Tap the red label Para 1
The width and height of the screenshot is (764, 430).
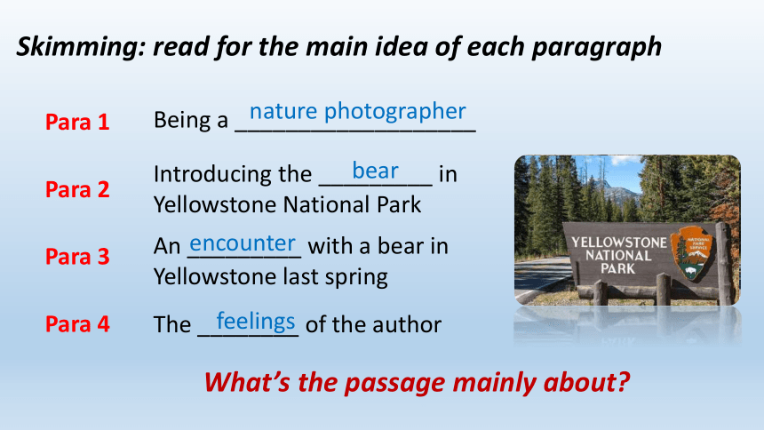[77, 122]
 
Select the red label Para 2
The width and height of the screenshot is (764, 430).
[77, 189]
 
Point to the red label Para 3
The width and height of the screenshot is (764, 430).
[77, 257]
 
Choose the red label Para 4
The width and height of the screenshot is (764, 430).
[77, 323]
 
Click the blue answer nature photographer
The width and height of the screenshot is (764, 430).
[358, 112]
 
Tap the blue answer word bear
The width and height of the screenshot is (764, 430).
[375, 171]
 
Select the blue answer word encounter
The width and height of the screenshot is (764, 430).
[243, 243]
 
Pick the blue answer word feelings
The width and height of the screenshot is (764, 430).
[256, 322]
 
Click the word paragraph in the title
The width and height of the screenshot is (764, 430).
[596, 48]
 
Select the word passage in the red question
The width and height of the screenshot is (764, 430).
[395, 383]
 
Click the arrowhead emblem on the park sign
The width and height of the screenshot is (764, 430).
[691, 253]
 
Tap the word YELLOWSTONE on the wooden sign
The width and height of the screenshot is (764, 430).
[619, 243]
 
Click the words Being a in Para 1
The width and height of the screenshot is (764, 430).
[190, 121]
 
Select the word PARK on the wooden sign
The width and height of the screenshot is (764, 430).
[617, 268]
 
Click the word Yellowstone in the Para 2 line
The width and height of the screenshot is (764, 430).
[215, 204]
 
